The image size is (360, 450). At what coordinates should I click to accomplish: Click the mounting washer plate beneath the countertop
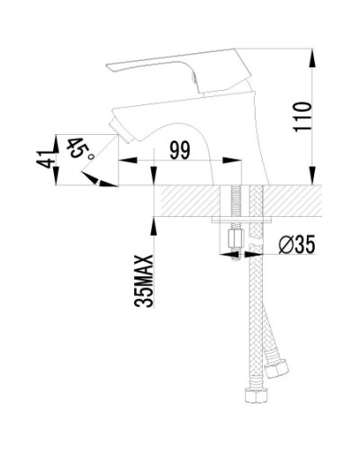(x=241, y=220)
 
